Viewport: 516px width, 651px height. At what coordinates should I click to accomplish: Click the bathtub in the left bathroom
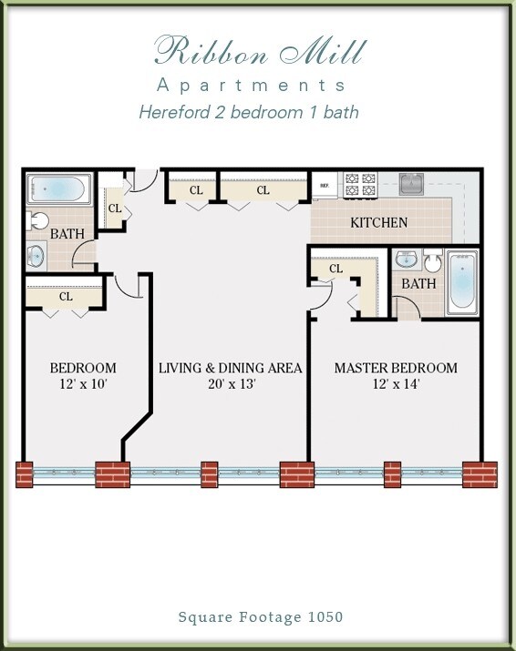[x=57, y=189]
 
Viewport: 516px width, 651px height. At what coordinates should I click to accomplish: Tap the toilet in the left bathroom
[x=37, y=221]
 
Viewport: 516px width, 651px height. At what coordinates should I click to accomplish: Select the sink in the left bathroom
[x=36, y=255]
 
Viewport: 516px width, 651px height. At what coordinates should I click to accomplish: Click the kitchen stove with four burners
[x=359, y=184]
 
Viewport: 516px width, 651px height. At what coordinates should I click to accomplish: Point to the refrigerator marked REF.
[x=325, y=185]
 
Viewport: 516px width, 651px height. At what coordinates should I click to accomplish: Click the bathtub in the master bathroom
[x=462, y=281]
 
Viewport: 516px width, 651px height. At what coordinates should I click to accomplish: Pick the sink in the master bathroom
[x=407, y=260]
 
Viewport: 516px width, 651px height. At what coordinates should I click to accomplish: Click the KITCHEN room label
[x=379, y=222]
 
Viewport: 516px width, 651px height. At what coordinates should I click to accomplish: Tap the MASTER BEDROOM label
[x=396, y=368]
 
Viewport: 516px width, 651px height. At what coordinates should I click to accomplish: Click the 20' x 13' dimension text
[x=231, y=384]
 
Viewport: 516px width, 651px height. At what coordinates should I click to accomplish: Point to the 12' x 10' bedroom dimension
[x=82, y=384]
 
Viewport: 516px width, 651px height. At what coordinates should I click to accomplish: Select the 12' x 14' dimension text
[x=396, y=384]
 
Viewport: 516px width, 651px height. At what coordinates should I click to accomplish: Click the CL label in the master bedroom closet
[x=335, y=269]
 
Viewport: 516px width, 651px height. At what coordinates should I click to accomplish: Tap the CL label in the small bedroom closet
[x=66, y=296]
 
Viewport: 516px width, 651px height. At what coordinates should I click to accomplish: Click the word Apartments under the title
[x=252, y=86]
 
